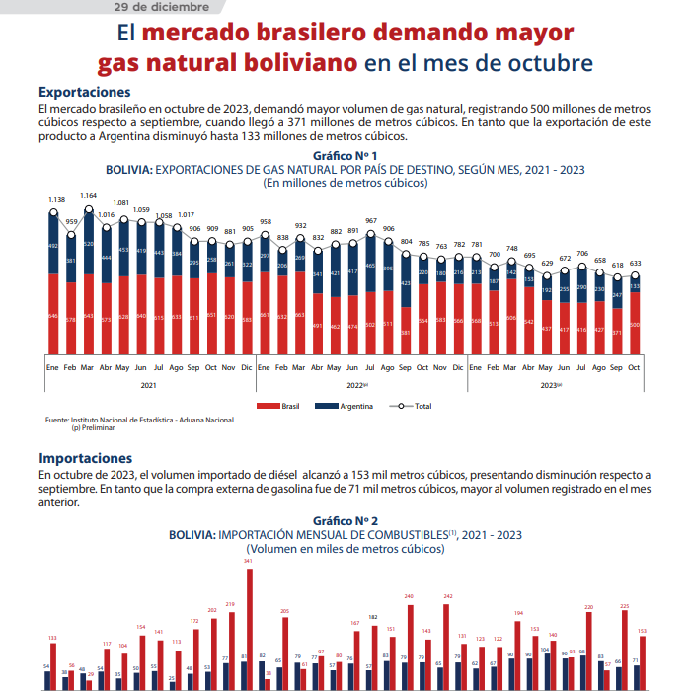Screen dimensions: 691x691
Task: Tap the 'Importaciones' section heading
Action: (x=85, y=458)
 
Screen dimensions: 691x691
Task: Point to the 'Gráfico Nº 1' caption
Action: (x=345, y=156)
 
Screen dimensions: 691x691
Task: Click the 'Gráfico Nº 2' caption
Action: (x=345, y=520)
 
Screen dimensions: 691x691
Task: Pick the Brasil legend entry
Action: (x=280, y=406)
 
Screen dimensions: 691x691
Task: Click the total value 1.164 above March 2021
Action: (x=89, y=196)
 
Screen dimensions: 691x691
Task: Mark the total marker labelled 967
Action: (x=371, y=233)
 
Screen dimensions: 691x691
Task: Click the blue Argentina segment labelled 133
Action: (x=634, y=286)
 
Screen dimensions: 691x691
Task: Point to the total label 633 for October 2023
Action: (x=635, y=264)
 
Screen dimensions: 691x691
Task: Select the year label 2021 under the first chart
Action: (x=149, y=385)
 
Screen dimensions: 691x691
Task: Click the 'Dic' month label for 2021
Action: (x=248, y=367)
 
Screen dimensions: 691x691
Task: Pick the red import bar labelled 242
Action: (x=448, y=642)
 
